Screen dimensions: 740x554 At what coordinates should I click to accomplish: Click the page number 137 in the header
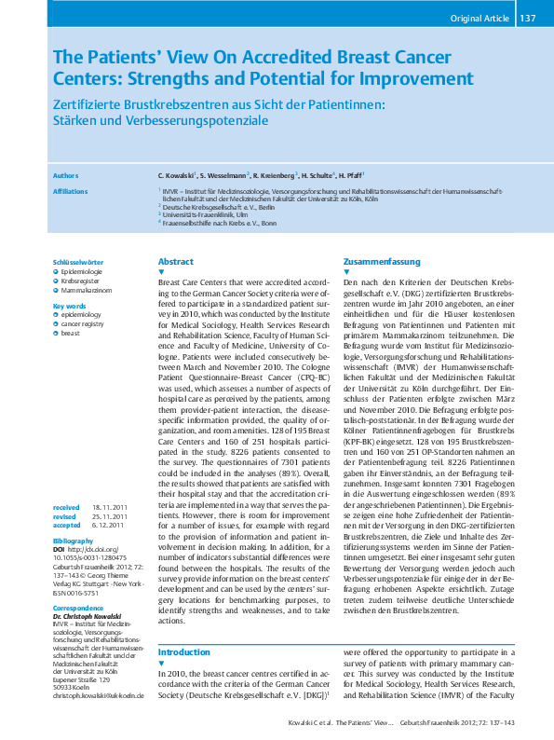coord(528,18)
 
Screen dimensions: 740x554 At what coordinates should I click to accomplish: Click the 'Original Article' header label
coord(480,18)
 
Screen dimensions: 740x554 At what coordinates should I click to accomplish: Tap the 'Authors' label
coord(65,175)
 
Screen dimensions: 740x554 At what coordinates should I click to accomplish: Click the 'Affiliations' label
coord(71,190)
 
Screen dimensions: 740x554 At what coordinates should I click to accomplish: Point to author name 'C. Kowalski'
coord(181,175)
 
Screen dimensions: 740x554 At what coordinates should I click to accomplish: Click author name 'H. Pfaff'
coord(350,175)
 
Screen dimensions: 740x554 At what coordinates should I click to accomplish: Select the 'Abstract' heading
coord(176,262)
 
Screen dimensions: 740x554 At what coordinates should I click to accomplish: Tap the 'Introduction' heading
coord(184,652)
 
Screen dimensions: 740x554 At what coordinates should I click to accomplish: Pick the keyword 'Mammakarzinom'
coord(89,291)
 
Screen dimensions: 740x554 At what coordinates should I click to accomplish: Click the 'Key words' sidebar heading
coord(70,306)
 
